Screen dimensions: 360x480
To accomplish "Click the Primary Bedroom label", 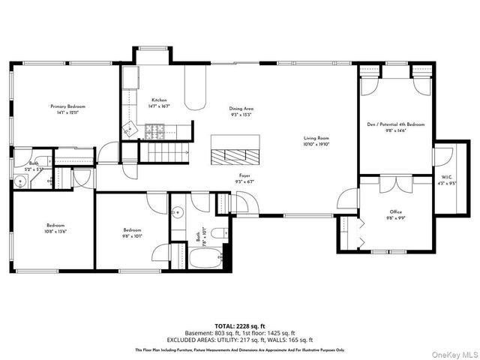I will [x=73, y=106].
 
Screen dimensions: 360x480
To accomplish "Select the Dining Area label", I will [x=241, y=109].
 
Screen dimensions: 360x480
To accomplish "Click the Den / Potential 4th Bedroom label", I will [x=395, y=124].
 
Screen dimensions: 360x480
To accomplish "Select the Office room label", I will [x=395, y=212].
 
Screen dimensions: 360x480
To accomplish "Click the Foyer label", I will [x=244, y=175].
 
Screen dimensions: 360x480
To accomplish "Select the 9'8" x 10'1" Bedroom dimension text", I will [x=133, y=235].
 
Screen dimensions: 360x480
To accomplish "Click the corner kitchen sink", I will [x=129, y=124].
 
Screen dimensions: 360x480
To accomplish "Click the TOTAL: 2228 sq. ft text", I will [x=240, y=326].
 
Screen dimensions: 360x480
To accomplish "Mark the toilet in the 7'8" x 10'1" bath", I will [x=217, y=235].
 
